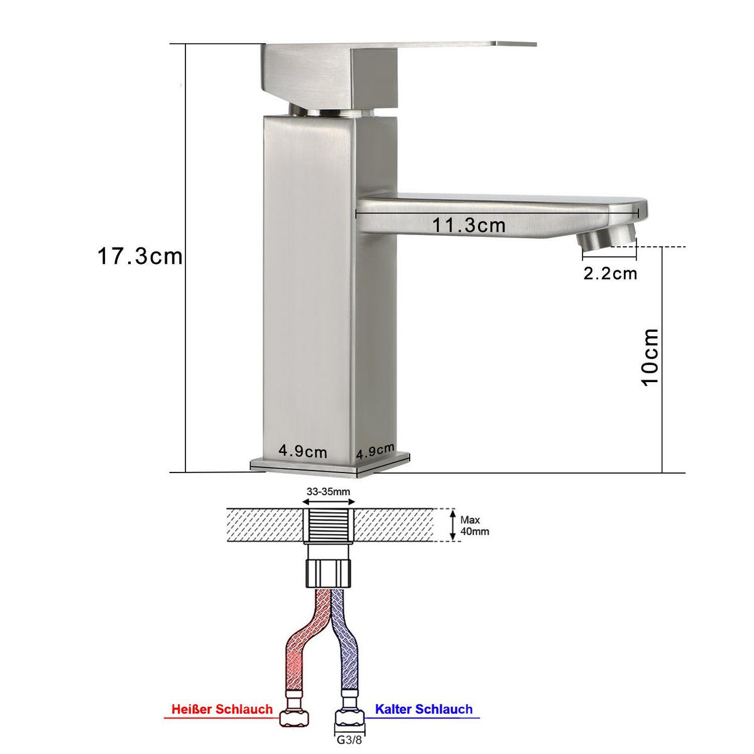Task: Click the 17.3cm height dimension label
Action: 139,256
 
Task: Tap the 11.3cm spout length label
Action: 468,225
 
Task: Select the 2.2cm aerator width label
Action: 609,273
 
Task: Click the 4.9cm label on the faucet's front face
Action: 303,451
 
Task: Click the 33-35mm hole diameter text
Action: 328,491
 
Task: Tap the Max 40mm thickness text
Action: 474,525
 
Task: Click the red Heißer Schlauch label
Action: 222,709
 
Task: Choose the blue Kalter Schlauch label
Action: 423,709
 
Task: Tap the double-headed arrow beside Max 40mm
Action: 452,525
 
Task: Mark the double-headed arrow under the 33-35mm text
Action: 329,501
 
